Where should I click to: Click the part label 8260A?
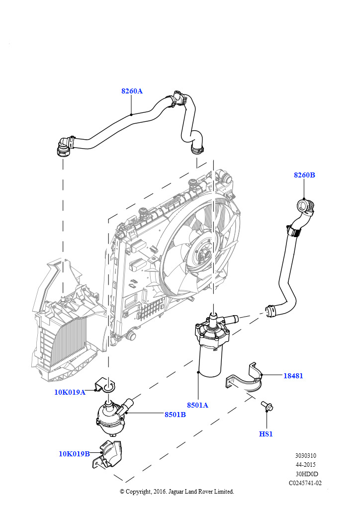(x=132, y=91)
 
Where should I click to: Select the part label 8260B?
(x=304, y=175)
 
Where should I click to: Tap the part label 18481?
(x=293, y=376)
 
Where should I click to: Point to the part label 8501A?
(x=198, y=405)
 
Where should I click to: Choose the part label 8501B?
(x=175, y=415)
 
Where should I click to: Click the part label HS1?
(x=266, y=434)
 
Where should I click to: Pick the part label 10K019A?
(x=70, y=392)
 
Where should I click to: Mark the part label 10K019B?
(x=74, y=453)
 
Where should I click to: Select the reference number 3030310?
(x=305, y=456)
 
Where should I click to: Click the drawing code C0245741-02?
(x=305, y=483)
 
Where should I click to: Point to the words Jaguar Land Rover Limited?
(x=204, y=492)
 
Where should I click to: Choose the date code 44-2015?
(x=305, y=465)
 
